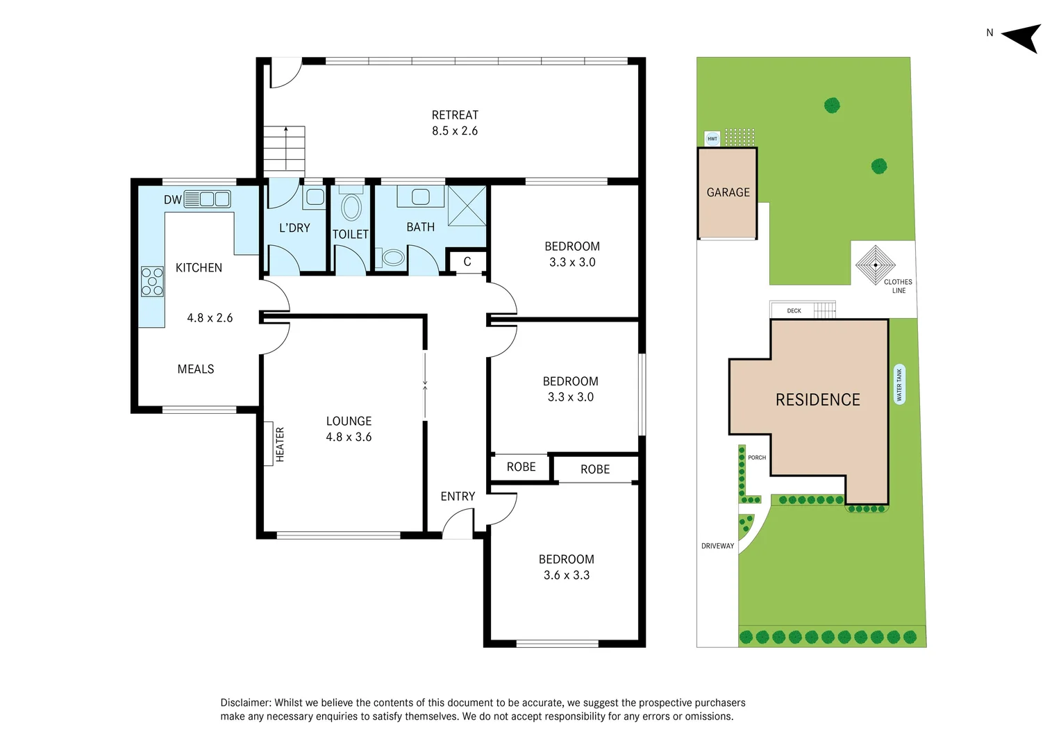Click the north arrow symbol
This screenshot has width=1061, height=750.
(1023, 37)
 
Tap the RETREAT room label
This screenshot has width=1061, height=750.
(455, 115)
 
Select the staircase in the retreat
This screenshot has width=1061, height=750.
(284, 149)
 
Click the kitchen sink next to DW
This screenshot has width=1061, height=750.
(215, 199)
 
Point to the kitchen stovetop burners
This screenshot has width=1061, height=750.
(152, 281)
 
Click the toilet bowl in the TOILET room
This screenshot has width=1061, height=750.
(351, 208)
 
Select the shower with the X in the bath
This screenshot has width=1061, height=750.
(467, 206)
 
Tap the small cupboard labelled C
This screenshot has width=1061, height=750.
(467, 262)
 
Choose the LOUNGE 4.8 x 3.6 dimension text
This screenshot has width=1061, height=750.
(349, 437)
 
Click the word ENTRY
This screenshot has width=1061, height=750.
(458, 497)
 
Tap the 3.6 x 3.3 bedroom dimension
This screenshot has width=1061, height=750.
(567, 575)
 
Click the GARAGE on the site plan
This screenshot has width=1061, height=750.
(728, 192)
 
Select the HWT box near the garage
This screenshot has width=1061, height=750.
(712, 139)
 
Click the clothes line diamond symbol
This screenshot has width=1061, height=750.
(875, 265)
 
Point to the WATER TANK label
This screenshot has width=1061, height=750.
(899, 385)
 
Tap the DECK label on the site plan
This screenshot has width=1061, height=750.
(794, 311)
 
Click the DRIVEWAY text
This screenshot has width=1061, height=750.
(717, 546)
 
